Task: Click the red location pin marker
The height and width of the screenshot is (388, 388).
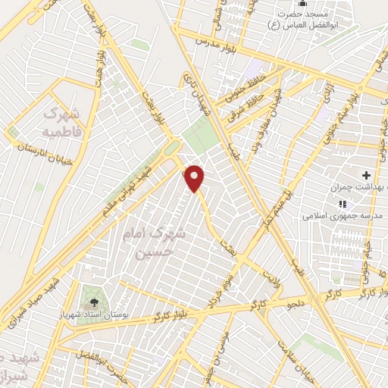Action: point(196,178)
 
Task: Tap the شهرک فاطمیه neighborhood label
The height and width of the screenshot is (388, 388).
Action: point(61,122)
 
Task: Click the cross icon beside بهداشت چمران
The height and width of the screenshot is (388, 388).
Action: point(366,175)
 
